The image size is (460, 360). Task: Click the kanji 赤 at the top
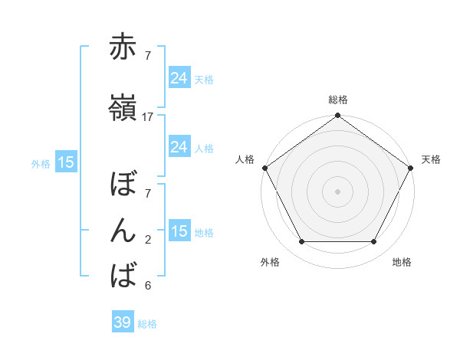click(x=123, y=47)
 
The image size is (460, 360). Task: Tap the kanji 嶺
click(x=123, y=109)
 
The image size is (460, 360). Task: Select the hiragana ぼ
click(x=123, y=184)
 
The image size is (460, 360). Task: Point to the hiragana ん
click(x=123, y=231)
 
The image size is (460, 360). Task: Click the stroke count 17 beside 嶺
click(x=148, y=117)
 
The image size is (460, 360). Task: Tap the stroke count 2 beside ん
click(x=148, y=239)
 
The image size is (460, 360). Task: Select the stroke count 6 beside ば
click(x=148, y=286)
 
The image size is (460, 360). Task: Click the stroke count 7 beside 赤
click(x=148, y=55)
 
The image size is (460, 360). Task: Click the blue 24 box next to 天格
click(x=179, y=78)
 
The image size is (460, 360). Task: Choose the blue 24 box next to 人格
click(x=179, y=147)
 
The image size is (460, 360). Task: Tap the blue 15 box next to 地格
click(x=179, y=231)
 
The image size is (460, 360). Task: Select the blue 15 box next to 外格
click(x=65, y=162)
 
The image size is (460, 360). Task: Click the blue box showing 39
click(x=122, y=322)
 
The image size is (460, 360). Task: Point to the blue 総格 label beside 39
click(x=147, y=324)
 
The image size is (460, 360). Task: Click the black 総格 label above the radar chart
click(x=337, y=100)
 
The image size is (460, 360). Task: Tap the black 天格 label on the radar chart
click(x=431, y=159)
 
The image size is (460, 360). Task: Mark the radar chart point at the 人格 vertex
click(x=264, y=167)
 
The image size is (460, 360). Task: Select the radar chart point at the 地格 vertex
click(x=374, y=242)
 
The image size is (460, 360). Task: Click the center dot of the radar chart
click(x=337, y=191)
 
